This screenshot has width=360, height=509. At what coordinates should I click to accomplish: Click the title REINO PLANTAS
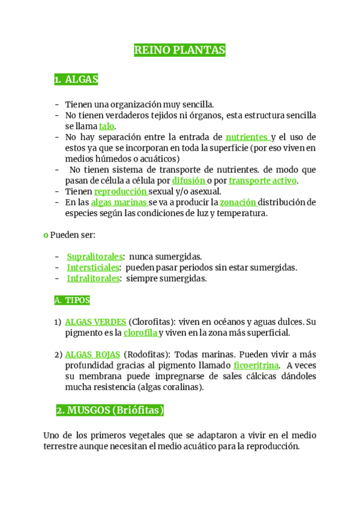pos(179,51)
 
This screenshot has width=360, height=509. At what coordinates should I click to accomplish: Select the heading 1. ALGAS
pos(76,79)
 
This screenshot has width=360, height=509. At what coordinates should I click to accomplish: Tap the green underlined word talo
pos(106,126)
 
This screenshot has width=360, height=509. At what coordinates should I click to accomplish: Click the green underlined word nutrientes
pos(247,137)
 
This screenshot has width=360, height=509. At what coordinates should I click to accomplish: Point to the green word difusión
pos(188,180)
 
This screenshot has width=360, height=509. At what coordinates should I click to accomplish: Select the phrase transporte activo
pos(262,180)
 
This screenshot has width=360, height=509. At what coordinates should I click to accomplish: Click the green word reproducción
pos(121,191)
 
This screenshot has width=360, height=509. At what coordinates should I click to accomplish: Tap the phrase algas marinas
pos(119,202)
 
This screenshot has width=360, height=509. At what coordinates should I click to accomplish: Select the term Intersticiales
pos(93,267)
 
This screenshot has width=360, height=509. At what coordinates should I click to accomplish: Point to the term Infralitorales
pos(93,278)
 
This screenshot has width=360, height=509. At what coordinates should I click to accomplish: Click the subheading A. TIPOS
pos(71,300)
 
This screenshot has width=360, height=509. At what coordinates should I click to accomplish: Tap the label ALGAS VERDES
pos(95,321)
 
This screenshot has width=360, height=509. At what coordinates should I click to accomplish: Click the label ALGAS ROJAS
pos(92,354)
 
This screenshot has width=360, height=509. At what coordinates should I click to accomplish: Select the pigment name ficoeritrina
pos(256,365)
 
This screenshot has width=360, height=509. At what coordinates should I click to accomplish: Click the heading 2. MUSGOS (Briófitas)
pos(110,411)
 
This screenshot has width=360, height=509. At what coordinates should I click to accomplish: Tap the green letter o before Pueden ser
pos(46,234)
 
